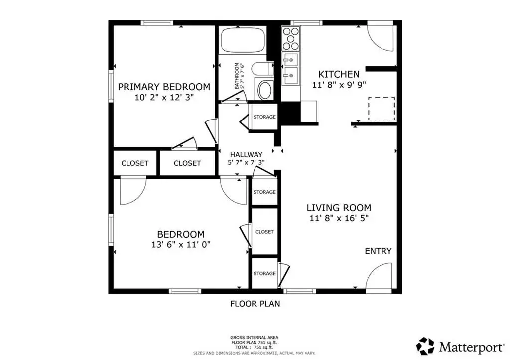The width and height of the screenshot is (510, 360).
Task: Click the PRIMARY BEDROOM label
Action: [x=164, y=87]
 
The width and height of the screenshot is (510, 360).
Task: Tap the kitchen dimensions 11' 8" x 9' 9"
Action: [x=339, y=85]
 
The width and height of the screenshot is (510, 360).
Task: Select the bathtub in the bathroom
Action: [x=243, y=40]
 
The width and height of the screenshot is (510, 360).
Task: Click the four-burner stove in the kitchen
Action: [x=290, y=39]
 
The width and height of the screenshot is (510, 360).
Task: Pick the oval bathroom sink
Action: [x=266, y=90]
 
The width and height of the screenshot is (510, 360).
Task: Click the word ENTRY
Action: [x=379, y=251]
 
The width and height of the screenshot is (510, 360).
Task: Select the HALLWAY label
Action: [x=246, y=154]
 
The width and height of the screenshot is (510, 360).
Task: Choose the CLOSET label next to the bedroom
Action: [x=264, y=232]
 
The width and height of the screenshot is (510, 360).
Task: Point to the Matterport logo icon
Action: [x=425, y=346]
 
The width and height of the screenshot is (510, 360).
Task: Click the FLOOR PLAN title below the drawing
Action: [x=255, y=304]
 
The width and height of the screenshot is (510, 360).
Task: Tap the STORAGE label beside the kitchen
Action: [x=264, y=117]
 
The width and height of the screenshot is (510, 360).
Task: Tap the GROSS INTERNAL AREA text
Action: [x=255, y=338]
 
